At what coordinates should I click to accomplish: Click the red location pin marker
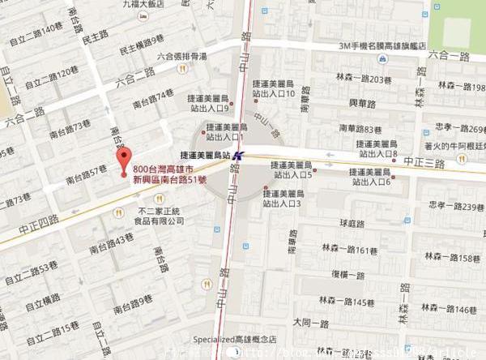(123, 157)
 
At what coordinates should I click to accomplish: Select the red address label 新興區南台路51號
(170, 178)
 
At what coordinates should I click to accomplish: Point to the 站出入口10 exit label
(274, 94)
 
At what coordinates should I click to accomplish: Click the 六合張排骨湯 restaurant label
(185, 57)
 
